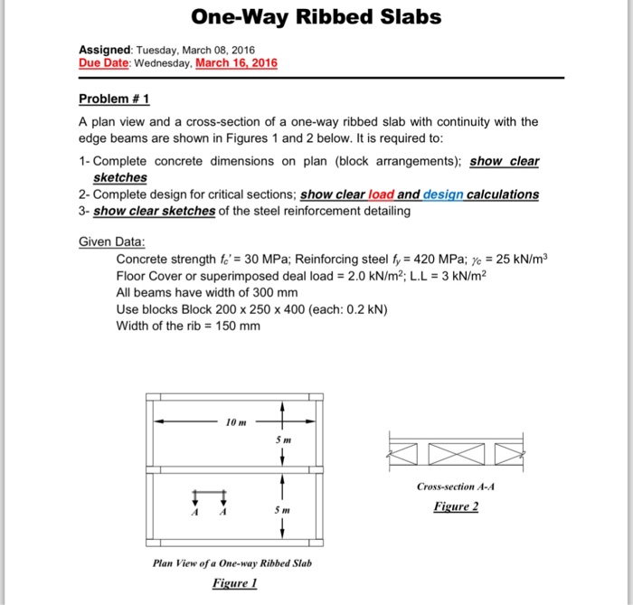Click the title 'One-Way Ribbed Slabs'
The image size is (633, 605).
coord(316,18)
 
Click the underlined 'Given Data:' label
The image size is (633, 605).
coord(112,241)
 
